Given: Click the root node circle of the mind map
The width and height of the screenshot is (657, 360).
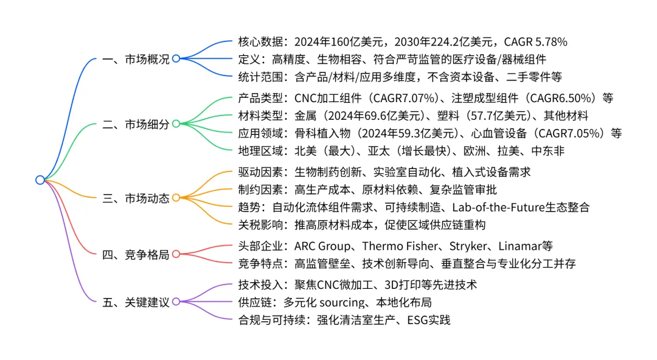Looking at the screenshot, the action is pos(40,180).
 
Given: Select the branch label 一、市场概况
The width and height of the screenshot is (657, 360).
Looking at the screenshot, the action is pos(136,59).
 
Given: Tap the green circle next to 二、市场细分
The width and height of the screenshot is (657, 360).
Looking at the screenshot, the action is pos(176,124).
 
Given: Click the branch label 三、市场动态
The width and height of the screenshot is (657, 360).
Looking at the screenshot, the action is pos(136,198).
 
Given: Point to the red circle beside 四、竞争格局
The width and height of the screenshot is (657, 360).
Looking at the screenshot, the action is pos(176,254).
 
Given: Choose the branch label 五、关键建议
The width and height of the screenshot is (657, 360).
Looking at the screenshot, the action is pos(136,302).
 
